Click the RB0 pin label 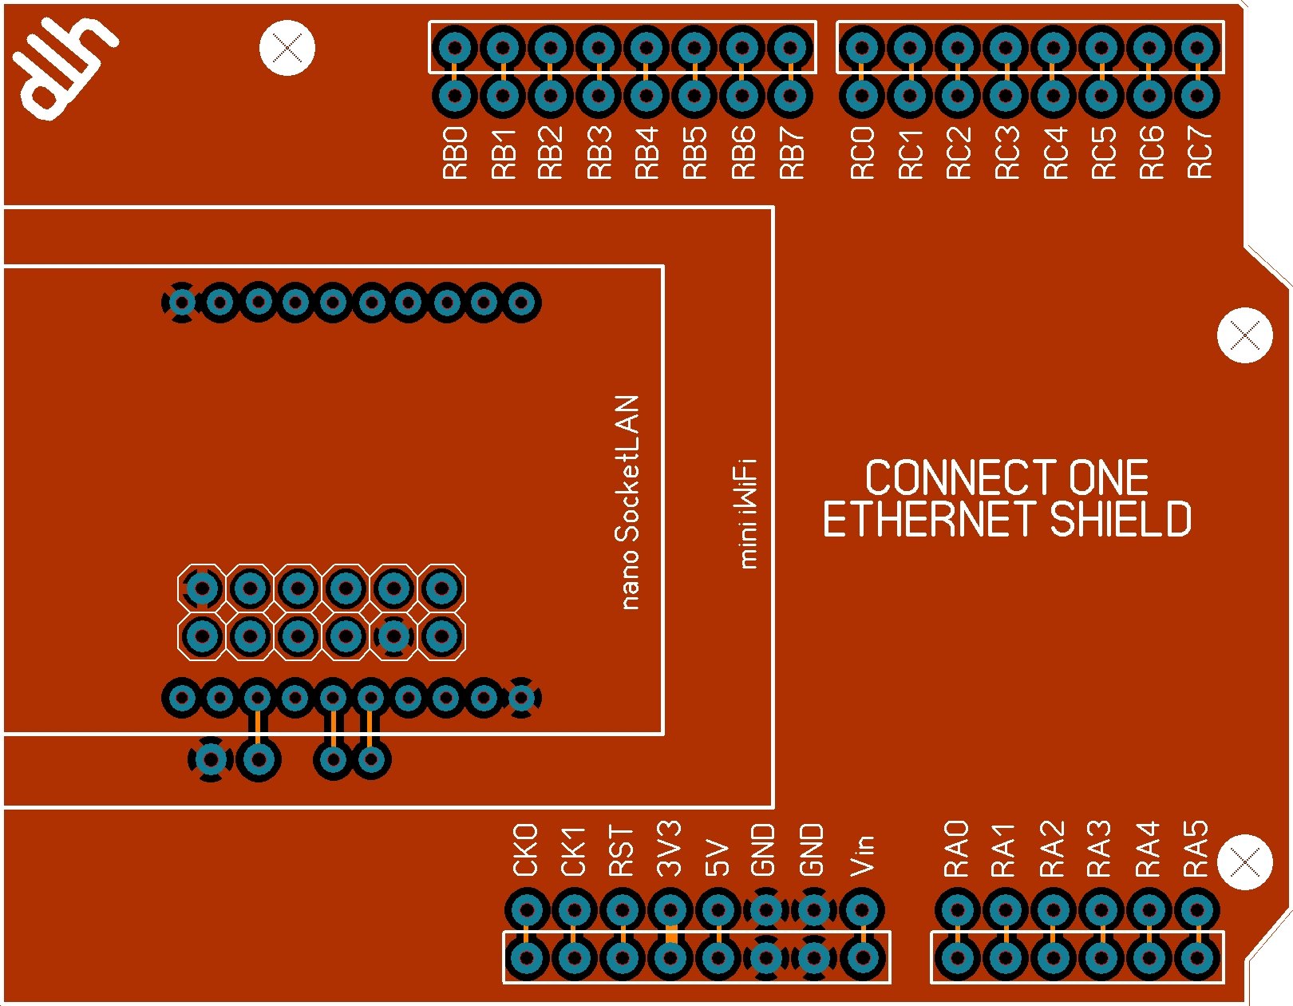click(455, 152)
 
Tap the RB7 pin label click(791, 152)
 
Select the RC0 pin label click(862, 152)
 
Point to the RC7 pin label click(1199, 152)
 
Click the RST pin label click(622, 852)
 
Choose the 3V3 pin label click(670, 849)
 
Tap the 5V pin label click(718, 858)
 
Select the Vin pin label click(862, 855)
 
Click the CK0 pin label click(526, 850)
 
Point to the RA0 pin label click(956, 849)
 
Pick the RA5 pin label click(1196, 849)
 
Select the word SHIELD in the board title click(1121, 520)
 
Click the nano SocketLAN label click(629, 502)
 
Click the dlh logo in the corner click(64, 67)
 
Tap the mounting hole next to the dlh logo click(287, 48)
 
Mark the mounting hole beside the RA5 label click(1245, 861)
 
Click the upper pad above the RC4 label click(1054, 48)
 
